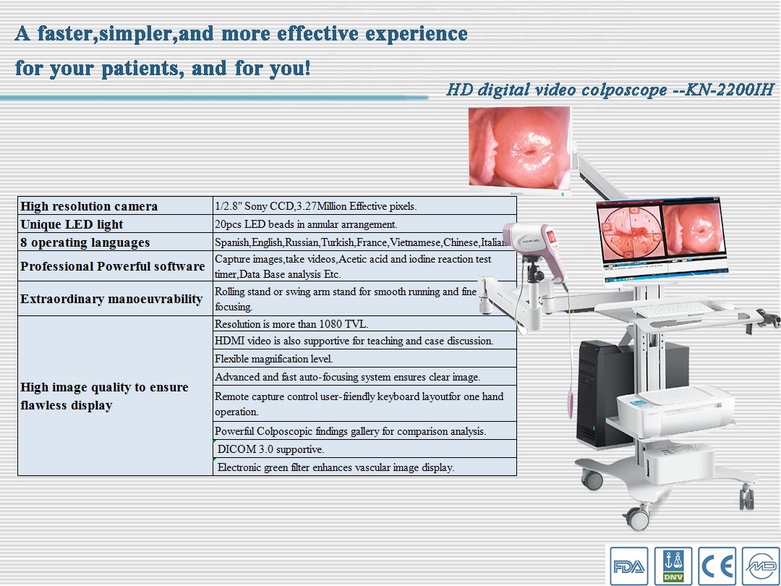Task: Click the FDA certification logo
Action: coord(629,566)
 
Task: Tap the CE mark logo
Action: coord(717,566)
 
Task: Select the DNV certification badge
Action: coord(673,566)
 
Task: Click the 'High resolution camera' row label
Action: coord(89,206)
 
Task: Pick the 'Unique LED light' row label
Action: coord(72,224)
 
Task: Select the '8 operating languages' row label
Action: coord(85,242)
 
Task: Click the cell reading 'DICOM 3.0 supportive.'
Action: coord(271,449)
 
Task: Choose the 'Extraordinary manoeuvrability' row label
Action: coord(111,299)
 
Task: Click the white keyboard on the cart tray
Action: coord(673,310)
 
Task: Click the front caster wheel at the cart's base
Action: coord(638,518)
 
